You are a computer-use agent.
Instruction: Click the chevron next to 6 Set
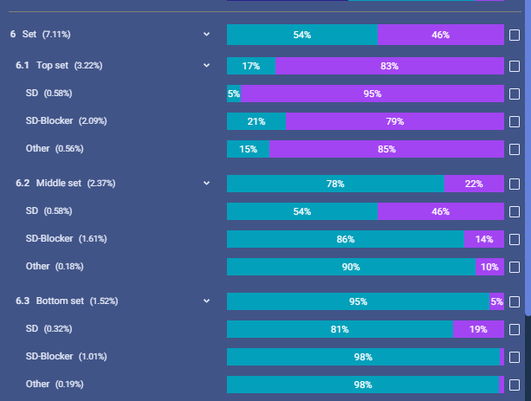click(206, 34)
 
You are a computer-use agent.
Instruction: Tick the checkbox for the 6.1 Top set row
click(515, 66)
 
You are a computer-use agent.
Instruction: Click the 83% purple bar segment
click(390, 66)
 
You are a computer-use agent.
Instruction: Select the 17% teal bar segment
click(251, 66)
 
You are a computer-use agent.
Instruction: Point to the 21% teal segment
click(256, 121)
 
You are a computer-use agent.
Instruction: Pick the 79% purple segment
click(395, 121)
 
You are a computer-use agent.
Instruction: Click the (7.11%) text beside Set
click(56, 34)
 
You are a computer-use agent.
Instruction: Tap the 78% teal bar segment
click(335, 184)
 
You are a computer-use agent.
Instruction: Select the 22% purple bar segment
click(474, 184)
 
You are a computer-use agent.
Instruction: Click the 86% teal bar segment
click(346, 239)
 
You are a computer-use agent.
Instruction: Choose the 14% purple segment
click(484, 239)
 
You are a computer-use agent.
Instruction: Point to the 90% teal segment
click(351, 267)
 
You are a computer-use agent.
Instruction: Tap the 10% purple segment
click(489, 267)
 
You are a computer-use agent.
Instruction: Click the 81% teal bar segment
click(340, 329)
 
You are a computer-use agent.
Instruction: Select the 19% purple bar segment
click(478, 329)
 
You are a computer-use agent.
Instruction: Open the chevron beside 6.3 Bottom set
click(206, 301)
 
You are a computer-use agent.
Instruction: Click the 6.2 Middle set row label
click(65, 184)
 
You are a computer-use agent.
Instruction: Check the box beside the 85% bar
click(515, 149)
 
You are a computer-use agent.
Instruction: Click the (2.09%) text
click(93, 121)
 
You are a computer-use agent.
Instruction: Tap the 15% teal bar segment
click(248, 149)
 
